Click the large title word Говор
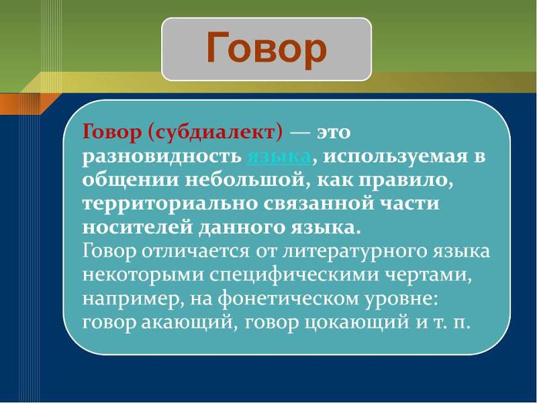coord(266,49)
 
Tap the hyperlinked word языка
coord(279,156)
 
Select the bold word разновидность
coord(161,156)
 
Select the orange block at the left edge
coord(11,103)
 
